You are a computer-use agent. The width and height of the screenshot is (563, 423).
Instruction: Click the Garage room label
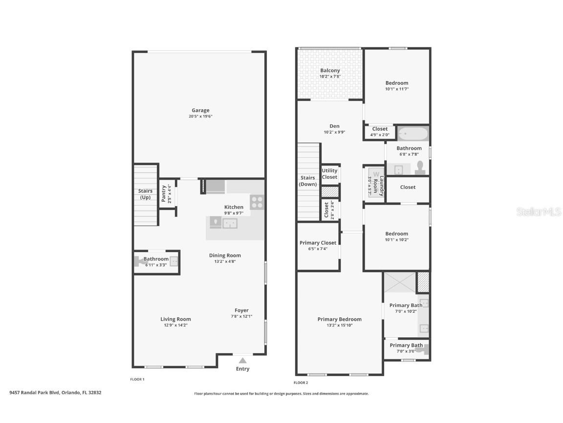[x=200, y=111]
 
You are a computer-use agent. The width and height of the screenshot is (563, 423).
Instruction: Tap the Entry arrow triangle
[x=242, y=361]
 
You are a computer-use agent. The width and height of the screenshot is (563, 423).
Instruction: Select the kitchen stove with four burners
[x=257, y=202]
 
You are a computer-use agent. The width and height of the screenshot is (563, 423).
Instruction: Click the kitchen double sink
[x=230, y=224]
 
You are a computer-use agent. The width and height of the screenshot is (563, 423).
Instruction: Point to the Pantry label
[x=164, y=193]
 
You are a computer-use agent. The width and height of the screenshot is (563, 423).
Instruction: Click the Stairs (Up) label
[x=145, y=194]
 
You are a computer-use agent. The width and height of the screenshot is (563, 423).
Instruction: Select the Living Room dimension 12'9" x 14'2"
[x=175, y=325]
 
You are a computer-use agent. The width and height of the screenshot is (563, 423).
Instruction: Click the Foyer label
[x=241, y=310]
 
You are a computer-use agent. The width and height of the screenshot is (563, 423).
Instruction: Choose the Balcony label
[x=330, y=70]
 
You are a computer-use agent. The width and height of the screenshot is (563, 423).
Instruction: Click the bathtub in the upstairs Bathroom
[x=413, y=134]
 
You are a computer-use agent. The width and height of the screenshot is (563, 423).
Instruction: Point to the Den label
[x=334, y=126]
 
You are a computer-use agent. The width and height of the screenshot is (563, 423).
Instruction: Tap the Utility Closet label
[x=329, y=174]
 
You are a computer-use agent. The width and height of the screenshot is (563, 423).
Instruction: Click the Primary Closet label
[x=318, y=243]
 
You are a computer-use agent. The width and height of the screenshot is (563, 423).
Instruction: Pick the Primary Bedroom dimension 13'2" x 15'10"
[x=339, y=325]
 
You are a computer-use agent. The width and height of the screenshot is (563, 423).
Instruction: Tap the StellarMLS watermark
[x=540, y=212]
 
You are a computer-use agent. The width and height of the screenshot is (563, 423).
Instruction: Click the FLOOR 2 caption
[x=301, y=383]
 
